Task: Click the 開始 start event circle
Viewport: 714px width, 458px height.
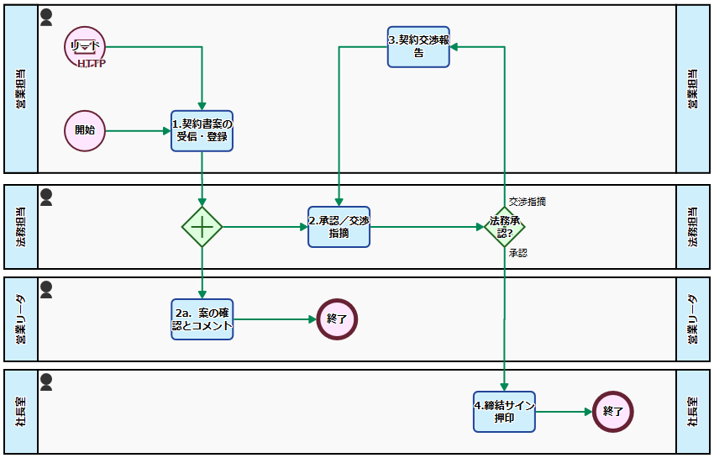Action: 85,131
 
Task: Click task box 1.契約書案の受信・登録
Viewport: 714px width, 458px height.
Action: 202,131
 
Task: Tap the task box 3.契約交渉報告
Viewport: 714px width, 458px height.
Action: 418,46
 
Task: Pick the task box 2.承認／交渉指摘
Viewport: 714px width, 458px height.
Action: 339,227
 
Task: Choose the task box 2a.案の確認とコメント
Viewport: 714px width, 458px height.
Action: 202,319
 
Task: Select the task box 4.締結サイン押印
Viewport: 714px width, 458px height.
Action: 504,412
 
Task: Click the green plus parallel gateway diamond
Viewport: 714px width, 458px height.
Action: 202,227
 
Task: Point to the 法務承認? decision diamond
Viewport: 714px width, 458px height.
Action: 504,227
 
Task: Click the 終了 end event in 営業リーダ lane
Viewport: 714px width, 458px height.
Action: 338,319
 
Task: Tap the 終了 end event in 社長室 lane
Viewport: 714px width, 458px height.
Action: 612,412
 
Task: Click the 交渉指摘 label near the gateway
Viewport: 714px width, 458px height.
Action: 528,202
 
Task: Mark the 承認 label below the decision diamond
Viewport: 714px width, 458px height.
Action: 518,252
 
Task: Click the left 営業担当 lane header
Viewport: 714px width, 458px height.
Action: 21,89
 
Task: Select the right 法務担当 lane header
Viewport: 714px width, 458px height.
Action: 693,227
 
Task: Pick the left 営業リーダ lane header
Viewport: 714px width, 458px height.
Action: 21,319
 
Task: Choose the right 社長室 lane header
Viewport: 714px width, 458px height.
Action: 693,412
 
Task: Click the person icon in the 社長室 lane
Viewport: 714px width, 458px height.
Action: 46,382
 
